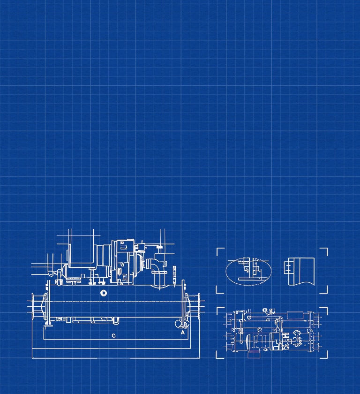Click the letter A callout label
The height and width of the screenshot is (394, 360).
click(x=182, y=332)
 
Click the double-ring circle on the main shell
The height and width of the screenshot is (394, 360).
click(x=104, y=294)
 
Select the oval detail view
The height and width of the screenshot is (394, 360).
click(x=248, y=272)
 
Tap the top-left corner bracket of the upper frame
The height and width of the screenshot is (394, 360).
click(x=219, y=250)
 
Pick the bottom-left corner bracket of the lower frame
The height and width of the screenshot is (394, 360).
click(x=219, y=356)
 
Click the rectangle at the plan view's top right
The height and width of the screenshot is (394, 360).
click(x=294, y=314)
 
